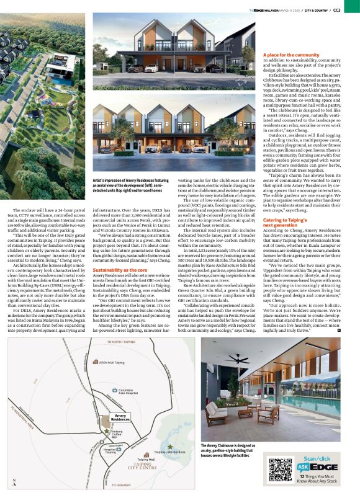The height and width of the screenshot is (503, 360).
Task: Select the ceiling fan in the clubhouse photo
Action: tap(239, 359)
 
